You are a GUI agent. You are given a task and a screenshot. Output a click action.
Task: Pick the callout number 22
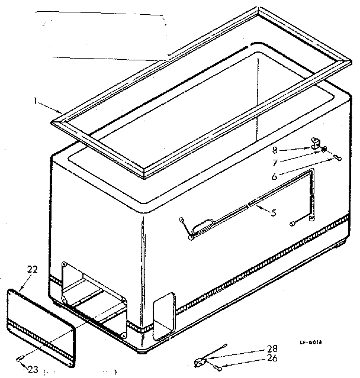[33, 270]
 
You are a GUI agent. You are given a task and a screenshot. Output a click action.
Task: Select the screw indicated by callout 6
[336, 157]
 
